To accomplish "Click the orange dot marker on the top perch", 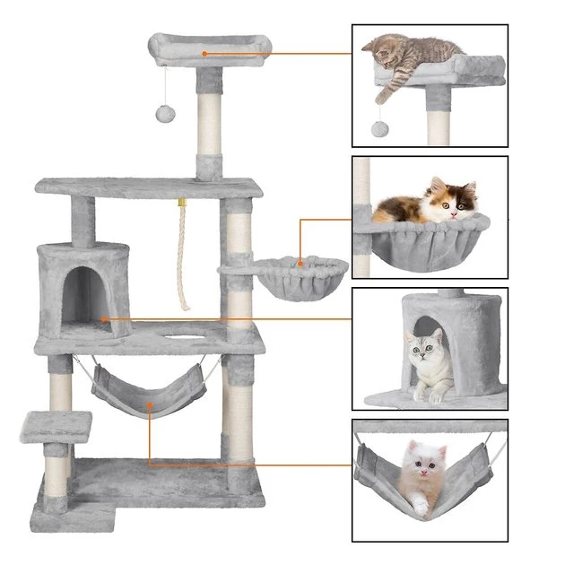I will (x=204, y=54).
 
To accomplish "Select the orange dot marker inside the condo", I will (x=104, y=318).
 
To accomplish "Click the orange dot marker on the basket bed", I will (x=300, y=264).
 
